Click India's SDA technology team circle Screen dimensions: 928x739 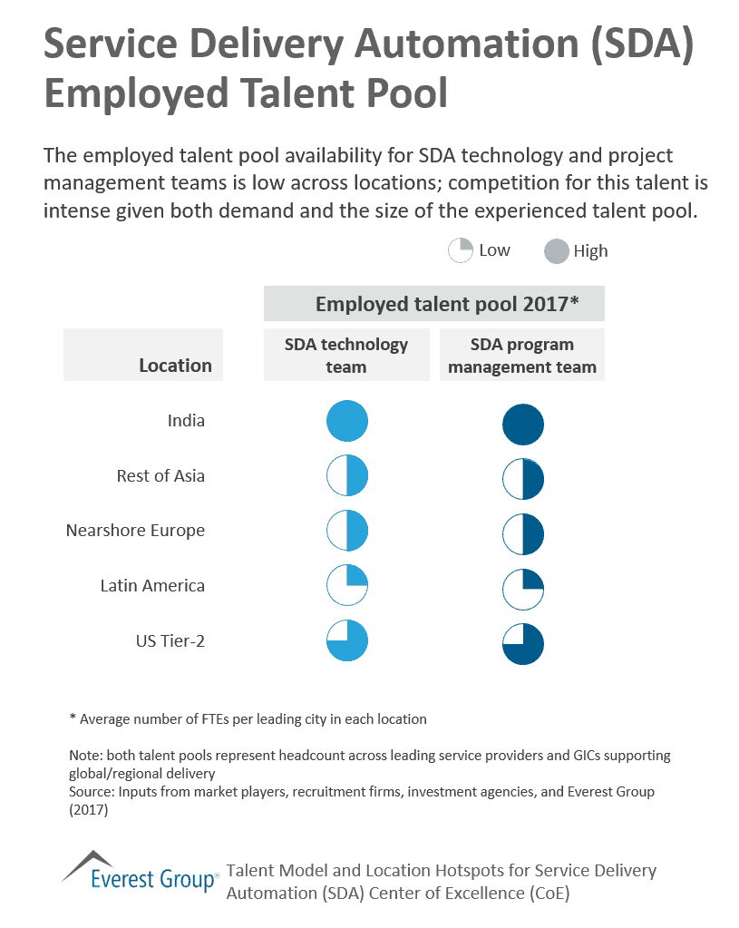346,421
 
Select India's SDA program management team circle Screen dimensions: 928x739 522,425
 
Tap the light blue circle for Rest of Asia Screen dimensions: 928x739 346,476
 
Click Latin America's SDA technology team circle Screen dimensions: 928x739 346,586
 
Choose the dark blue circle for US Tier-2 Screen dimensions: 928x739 522,644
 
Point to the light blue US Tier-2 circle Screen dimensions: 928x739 346,640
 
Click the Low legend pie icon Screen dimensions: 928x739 461,250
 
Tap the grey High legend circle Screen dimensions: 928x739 557,251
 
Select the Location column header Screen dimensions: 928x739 175,365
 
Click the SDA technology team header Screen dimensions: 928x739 346,355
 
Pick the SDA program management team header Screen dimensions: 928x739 522,355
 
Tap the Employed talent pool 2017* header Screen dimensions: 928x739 433,304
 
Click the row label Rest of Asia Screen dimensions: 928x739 160,475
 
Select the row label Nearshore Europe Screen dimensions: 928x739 135,531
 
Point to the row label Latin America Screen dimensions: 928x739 152,586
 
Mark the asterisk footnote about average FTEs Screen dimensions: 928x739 247,718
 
